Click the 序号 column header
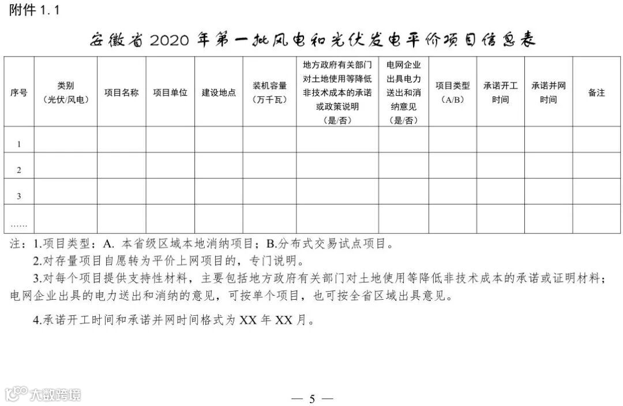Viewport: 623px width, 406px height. (19, 92)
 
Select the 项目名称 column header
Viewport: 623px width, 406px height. (121, 92)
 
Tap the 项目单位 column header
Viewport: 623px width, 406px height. (170, 92)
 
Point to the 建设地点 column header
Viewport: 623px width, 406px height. (219, 92)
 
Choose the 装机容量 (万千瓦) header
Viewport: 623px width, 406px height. (269, 92)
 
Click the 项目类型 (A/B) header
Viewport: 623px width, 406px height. (452, 92)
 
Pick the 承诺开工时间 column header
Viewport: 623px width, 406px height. (500, 92)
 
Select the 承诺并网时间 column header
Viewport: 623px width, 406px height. (548, 92)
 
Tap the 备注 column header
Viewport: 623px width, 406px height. (596, 92)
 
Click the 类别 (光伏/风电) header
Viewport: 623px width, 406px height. (66, 92)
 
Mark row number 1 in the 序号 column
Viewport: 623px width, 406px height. (19, 144)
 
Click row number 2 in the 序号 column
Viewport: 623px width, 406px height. (19, 170)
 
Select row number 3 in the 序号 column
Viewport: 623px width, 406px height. (19, 196)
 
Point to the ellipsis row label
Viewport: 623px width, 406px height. (19, 224)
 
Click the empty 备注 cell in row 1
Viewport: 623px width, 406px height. (596, 139)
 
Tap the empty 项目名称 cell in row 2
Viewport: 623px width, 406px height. (121, 165)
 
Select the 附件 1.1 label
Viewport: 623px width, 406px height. (35, 10)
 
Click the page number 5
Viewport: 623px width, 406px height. (312, 399)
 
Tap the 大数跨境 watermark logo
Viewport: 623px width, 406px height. (43, 394)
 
